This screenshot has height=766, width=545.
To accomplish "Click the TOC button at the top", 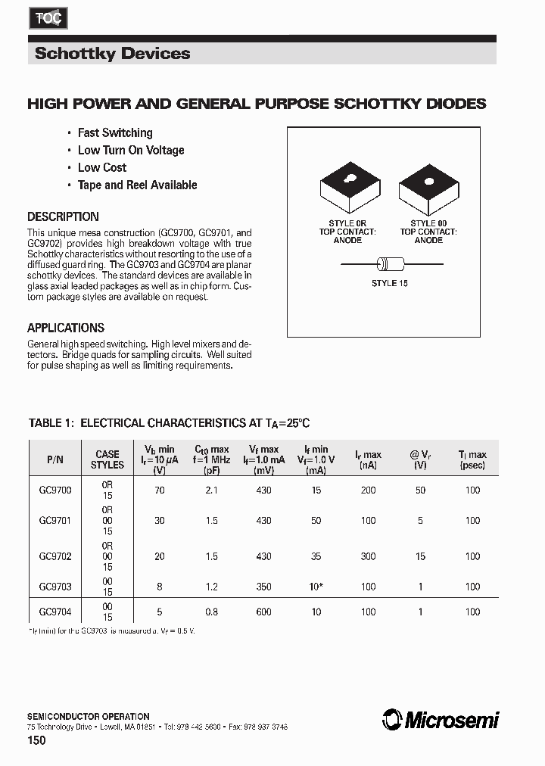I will [x=48, y=20].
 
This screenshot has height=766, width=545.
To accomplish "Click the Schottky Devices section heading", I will [x=113, y=54].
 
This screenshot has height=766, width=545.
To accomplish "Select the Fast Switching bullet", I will [x=115, y=132].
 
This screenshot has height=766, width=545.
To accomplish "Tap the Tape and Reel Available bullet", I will [x=137, y=185].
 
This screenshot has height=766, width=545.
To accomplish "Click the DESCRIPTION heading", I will [x=63, y=216].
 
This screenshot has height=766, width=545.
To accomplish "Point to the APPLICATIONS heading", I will [x=66, y=328].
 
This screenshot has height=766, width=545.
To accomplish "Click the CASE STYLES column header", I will [x=107, y=460].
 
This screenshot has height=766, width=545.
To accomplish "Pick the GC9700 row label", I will [x=55, y=490].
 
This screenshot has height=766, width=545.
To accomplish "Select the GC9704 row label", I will [x=55, y=612].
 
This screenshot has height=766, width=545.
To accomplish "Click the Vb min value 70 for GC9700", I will [x=160, y=490].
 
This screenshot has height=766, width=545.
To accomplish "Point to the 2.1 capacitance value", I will [x=212, y=490].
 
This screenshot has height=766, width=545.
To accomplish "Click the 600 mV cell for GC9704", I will [x=263, y=612].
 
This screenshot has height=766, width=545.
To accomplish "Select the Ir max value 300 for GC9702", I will [x=369, y=556].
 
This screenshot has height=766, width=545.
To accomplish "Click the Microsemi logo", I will [x=441, y=720].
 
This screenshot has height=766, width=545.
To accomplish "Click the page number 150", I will [x=37, y=740].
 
